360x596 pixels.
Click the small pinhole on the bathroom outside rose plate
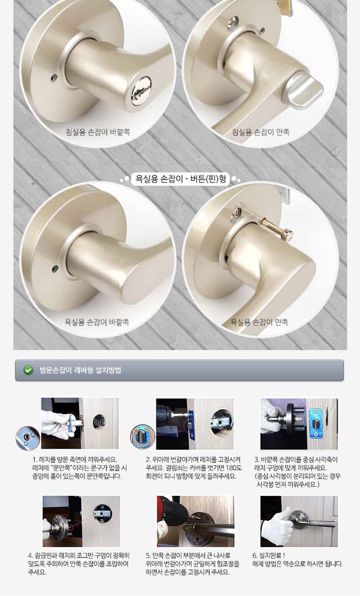coord(55,268)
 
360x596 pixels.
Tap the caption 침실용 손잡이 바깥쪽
coord(98,132)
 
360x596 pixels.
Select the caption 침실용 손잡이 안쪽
coord(261,132)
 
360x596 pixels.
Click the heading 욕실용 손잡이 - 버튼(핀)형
coord(181,179)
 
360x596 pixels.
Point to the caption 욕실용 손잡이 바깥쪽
coord(97,322)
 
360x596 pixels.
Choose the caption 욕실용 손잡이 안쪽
coord(259,322)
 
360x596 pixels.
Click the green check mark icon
coord(28,370)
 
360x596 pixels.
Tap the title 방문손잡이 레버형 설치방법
coord(80,370)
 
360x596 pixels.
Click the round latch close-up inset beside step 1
coord(28,438)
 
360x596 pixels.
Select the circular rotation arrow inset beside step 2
coord(143,437)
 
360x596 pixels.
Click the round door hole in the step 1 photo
coord(99,421)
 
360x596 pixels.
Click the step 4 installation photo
coord(81,521)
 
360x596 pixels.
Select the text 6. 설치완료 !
coord(269,555)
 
